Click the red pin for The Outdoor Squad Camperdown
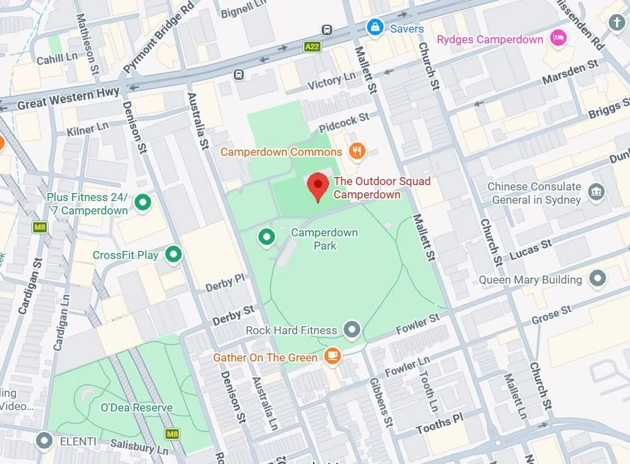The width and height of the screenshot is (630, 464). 318,186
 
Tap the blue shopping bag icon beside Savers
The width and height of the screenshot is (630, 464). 375,28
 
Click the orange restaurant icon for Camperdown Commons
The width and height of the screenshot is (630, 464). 358,151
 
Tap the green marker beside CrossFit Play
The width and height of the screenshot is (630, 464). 174,254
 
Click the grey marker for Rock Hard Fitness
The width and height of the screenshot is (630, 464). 351,329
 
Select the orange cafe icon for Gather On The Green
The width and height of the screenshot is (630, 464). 332,356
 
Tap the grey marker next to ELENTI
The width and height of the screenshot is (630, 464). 45,440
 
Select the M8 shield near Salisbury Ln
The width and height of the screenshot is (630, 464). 172,435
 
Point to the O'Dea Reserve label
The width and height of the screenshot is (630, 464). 137,407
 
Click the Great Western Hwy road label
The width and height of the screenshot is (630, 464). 69,99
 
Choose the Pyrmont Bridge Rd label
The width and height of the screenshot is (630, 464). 159,37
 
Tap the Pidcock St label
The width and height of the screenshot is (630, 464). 344,122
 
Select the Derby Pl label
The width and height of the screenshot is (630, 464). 224,282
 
